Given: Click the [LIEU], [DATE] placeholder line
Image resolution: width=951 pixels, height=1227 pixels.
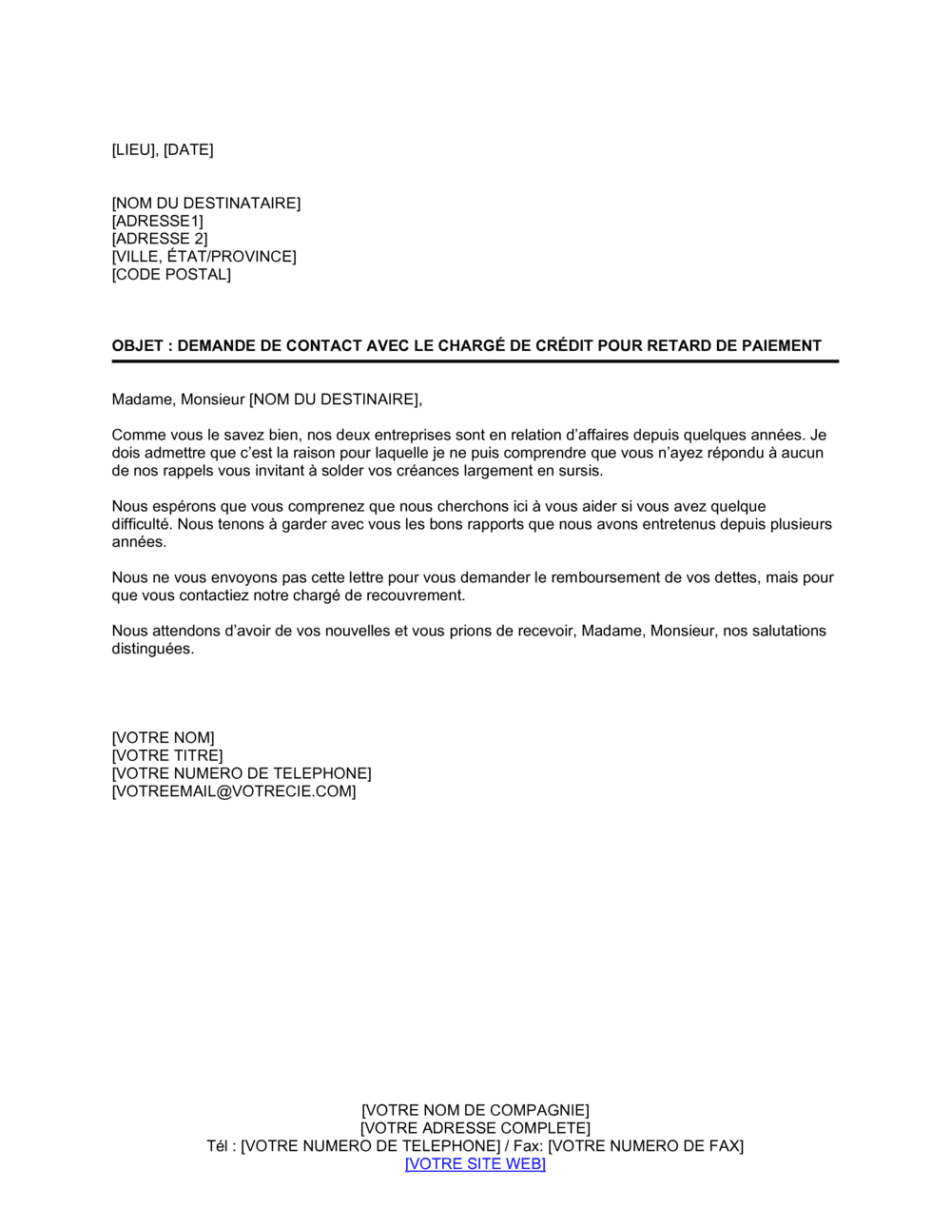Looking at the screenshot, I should (163, 149).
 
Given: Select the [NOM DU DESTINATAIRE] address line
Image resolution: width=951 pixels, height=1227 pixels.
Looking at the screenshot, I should (206, 203).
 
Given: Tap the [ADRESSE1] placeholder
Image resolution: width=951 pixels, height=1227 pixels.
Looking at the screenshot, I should (158, 221).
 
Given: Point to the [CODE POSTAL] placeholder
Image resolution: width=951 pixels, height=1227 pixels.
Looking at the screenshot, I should (171, 274).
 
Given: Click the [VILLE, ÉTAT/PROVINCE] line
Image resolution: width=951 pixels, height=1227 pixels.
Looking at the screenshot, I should (204, 256).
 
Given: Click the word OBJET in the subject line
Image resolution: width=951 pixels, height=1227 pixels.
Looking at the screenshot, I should (136, 345).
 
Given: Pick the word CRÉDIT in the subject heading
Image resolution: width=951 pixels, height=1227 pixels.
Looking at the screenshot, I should (565, 345).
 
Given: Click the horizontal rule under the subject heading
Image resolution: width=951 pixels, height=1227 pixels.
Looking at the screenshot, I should (475, 361).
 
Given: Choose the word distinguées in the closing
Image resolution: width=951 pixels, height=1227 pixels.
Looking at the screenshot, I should (153, 649).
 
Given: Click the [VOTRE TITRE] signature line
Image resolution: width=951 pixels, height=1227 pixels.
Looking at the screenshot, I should (167, 755).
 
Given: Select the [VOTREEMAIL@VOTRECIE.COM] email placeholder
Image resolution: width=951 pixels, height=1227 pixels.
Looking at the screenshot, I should (234, 790).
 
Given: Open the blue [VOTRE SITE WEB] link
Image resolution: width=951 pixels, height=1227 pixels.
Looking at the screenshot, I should (475, 1163).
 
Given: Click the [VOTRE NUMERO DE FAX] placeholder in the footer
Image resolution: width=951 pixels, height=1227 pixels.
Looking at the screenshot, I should (646, 1145).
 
